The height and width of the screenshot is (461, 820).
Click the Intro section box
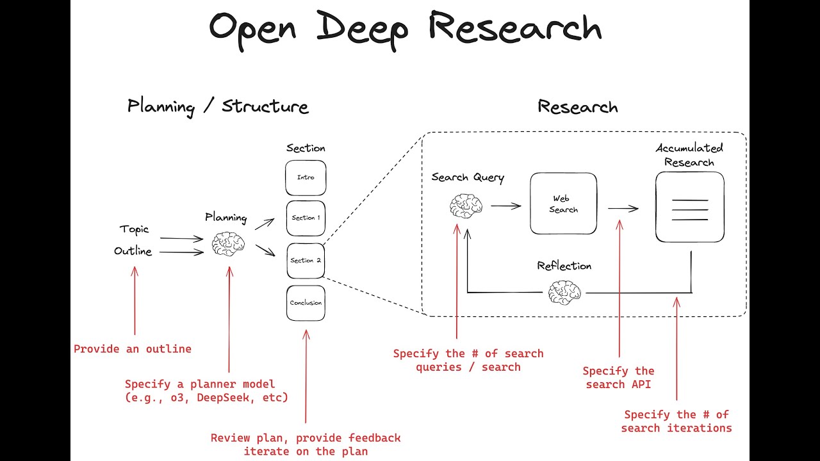click(x=306, y=177)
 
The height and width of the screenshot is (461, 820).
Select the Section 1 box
click(x=306, y=218)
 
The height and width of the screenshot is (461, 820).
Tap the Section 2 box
click(x=306, y=261)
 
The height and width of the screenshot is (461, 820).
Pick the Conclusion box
click(x=306, y=303)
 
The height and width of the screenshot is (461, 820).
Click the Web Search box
click(x=563, y=204)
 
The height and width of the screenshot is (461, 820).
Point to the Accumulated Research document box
click(x=689, y=207)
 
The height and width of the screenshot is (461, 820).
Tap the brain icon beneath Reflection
click(x=564, y=292)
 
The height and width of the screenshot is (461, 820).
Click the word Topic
click(x=134, y=229)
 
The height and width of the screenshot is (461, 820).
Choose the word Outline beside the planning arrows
click(x=133, y=251)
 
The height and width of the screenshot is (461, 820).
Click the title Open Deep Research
click(x=405, y=29)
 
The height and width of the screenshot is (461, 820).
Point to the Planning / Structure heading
click(x=218, y=106)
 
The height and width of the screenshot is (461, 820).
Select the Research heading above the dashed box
click(x=577, y=107)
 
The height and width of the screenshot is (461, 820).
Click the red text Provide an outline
click(x=133, y=349)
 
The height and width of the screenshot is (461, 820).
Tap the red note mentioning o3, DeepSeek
click(x=206, y=391)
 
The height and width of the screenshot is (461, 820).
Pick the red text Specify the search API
click(x=619, y=378)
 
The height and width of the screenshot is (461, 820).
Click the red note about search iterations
click(x=676, y=421)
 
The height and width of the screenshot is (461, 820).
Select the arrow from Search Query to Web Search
click(x=506, y=206)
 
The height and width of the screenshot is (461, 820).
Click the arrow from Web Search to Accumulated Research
click(x=623, y=207)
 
